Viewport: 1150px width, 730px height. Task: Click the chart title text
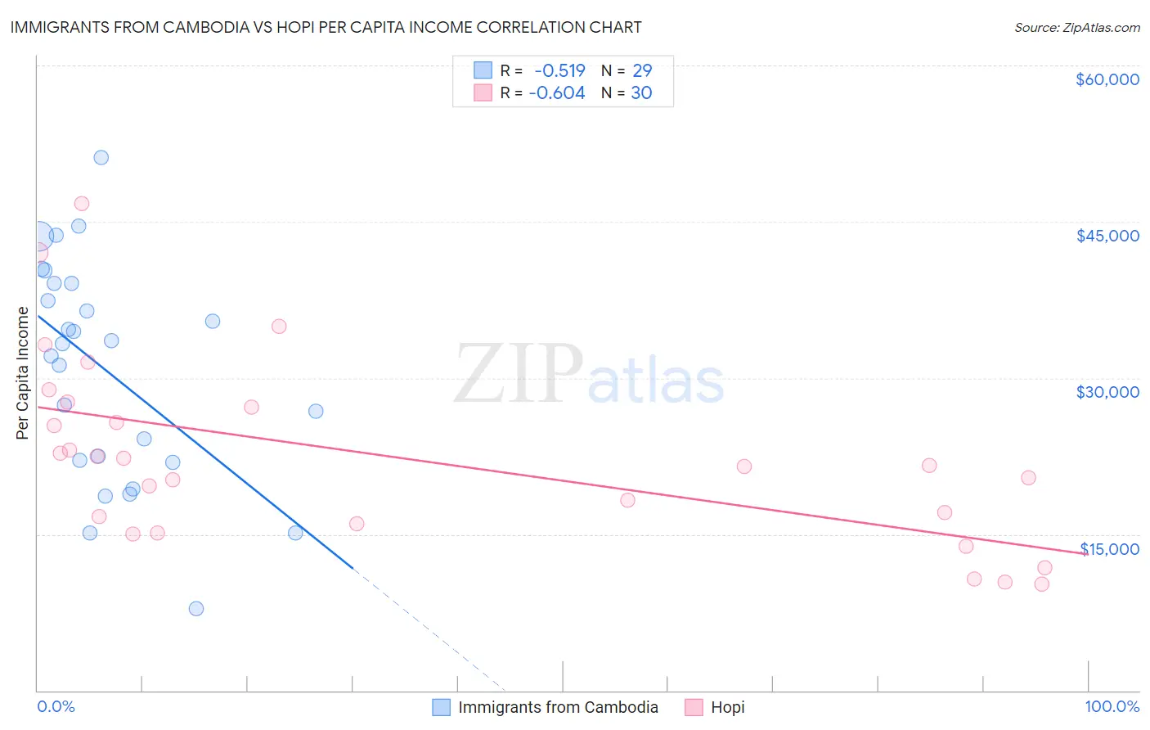pos(326,27)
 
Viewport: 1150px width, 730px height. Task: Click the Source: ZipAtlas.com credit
pos(1076,28)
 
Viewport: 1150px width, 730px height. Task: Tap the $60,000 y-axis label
pos(1107,79)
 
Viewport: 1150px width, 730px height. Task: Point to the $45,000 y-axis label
pos(1107,236)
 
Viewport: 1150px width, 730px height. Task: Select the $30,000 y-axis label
pos(1107,392)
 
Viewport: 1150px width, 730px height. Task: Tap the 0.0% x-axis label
pos(56,706)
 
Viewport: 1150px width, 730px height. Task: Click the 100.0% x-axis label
pos(1112,706)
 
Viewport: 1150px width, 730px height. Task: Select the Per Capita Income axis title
pos(23,372)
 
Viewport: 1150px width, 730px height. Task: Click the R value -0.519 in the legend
pos(559,71)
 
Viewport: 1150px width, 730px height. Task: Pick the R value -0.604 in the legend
pos(557,93)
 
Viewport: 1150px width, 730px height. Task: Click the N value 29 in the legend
pos(642,71)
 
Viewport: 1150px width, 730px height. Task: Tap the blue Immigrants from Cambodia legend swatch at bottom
pos(441,707)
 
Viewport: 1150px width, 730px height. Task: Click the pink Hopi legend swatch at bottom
pos(694,707)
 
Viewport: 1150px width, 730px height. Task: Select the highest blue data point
pos(101,158)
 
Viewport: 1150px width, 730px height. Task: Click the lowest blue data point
pos(196,609)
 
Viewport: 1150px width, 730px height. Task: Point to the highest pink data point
pos(82,204)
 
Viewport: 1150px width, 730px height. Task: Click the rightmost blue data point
pos(316,412)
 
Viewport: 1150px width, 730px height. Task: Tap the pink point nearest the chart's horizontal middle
pos(627,500)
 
